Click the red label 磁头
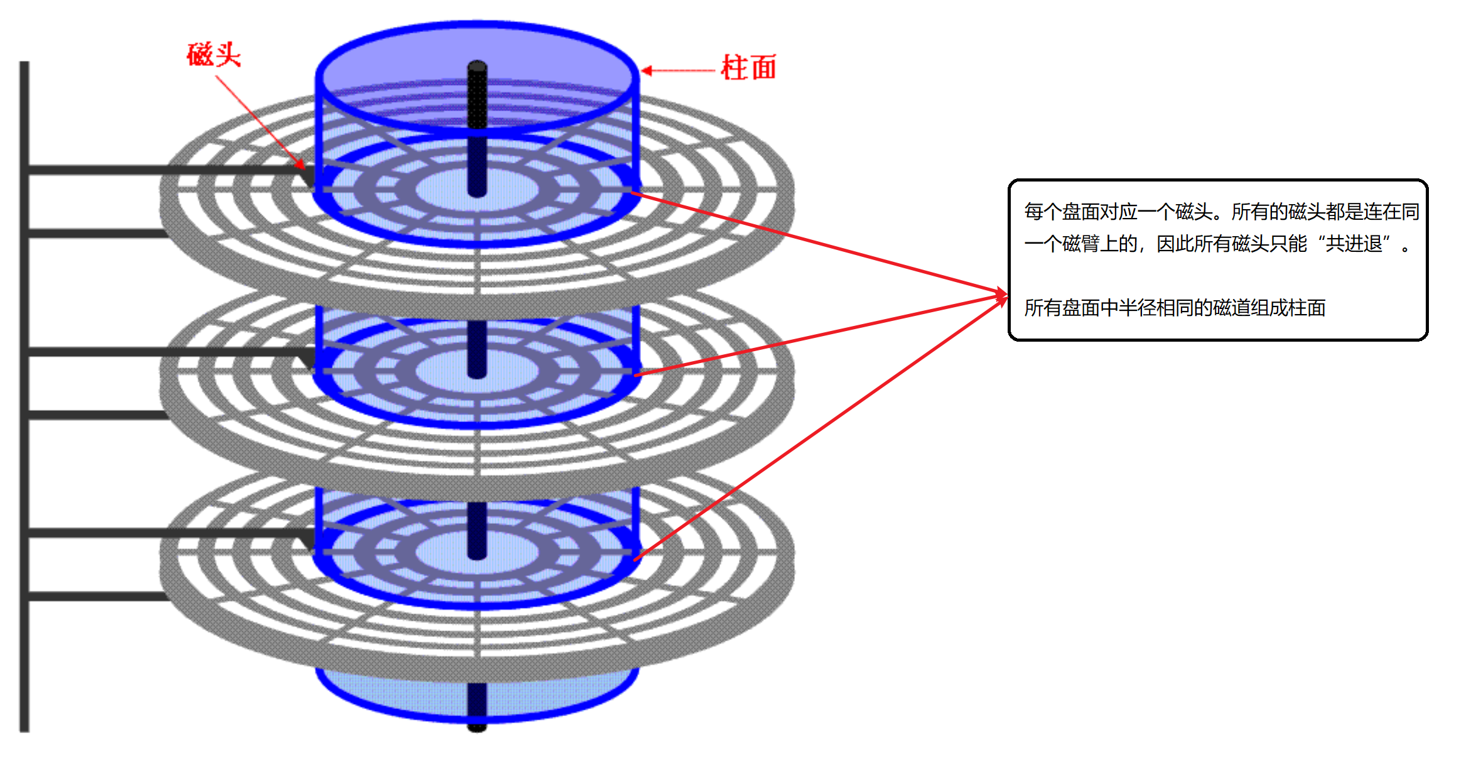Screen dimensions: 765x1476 click(214, 55)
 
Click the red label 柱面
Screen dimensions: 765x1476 click(749, 68)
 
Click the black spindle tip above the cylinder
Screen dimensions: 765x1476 click(477, 67)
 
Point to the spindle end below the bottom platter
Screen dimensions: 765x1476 click(477, 726)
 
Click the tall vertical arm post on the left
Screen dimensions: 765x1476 click(24, 396)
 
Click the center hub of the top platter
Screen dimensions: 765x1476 click(477, 188)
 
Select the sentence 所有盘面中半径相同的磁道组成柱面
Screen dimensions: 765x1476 click(1175, 308)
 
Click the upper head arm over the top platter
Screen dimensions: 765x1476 click(163, 170)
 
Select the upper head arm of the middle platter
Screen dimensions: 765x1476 click(163, 352)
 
